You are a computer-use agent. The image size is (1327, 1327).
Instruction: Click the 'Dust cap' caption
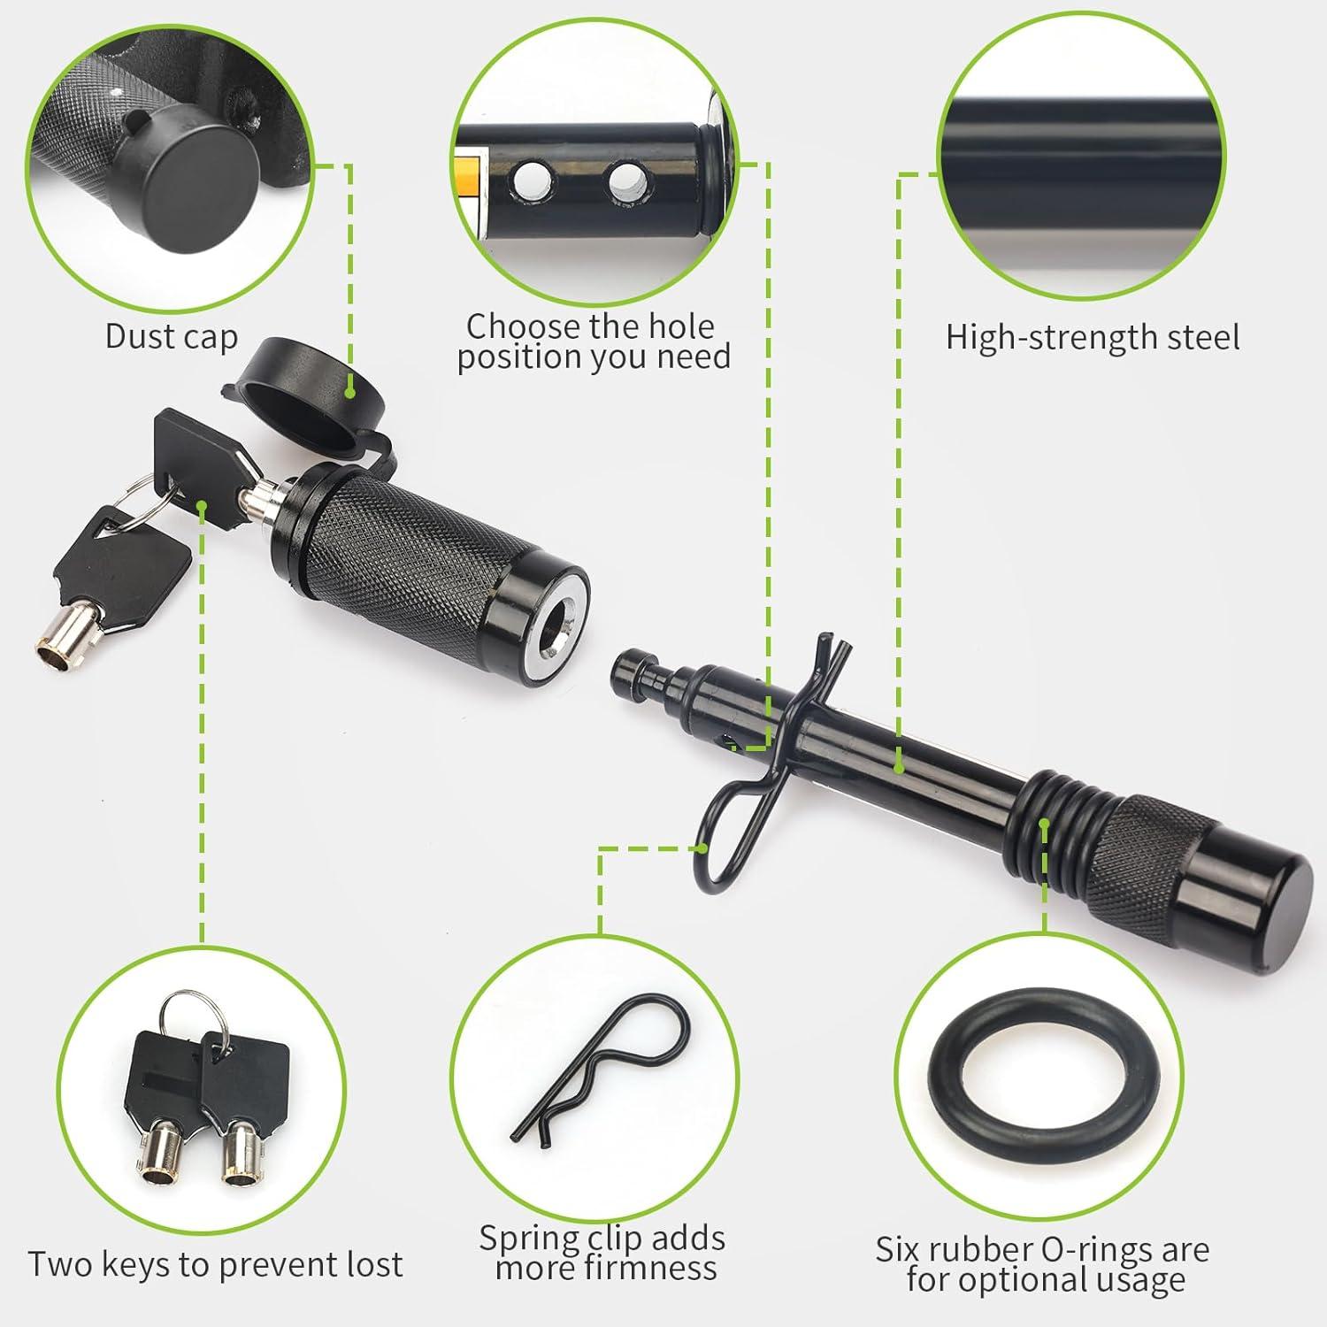click(x=172, y=336)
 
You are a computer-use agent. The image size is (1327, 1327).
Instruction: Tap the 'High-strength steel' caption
click(x=1093, y=337)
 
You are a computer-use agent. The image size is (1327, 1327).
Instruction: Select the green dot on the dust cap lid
click(x=351, y=389)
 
